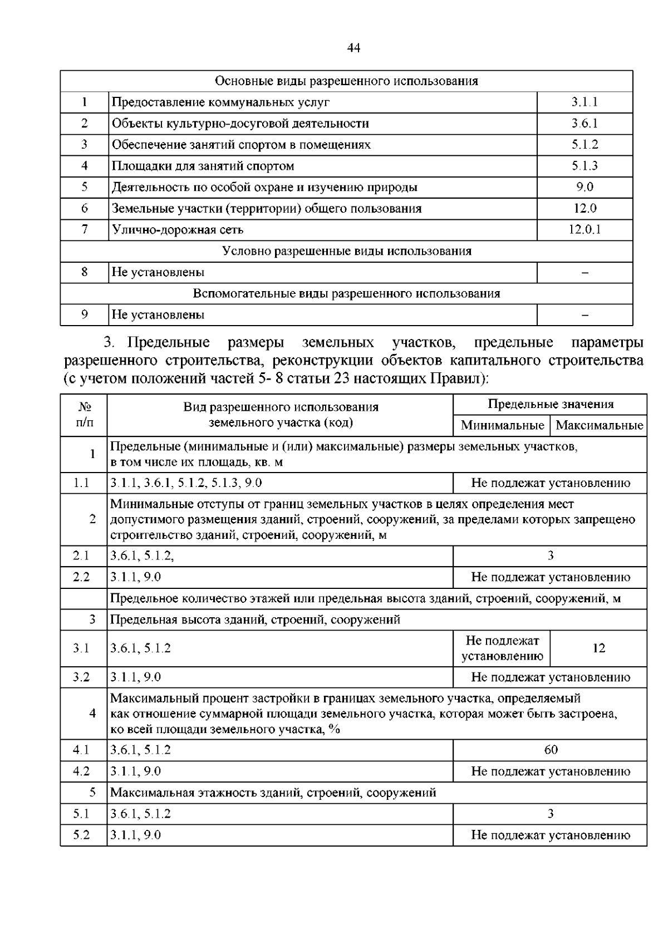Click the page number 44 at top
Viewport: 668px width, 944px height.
click(x=353, y=48)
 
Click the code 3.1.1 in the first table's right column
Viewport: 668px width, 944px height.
click(x=584, y=102)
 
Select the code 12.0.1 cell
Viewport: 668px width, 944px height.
click(x=584, y=230)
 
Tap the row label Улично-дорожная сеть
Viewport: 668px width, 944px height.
click(x=178, y=230)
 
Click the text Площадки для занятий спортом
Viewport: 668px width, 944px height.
click(x=203, y=166)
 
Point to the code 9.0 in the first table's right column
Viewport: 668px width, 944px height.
click(x=584, y=187)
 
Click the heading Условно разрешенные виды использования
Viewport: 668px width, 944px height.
click(x=346, y=251)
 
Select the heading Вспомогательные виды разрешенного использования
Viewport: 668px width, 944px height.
click(x=346, y=293)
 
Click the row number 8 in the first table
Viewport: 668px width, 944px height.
click(x=85, y=272)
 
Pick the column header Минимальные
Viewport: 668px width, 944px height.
click(x=502, y=426)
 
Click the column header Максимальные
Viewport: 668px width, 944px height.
click(x=599, y=426)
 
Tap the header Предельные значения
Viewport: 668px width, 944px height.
click(x=550, y=405)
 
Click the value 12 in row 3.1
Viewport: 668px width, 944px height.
click(x=599, y=648)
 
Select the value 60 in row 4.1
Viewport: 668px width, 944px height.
click(x=551, y=750)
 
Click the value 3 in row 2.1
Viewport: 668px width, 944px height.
click(x=551, y=555)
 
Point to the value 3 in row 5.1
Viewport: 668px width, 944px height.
click(x=551, y=814)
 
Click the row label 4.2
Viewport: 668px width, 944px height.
click(x=81, y=771)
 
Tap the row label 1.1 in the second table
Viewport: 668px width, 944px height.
click(x=81, y=483)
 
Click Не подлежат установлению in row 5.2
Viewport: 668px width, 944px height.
click(x=551, y=835)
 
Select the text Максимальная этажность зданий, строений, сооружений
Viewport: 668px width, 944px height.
click(x=273, y=793)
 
